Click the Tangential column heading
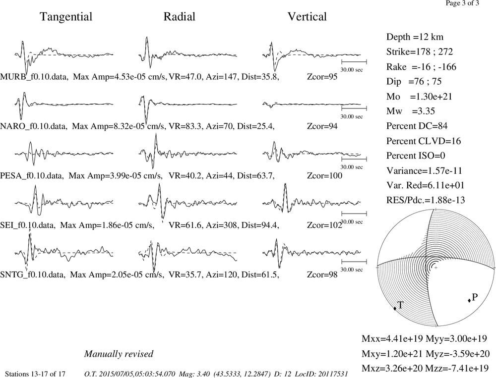pyautogui.click(x=66, y=17)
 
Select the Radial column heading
pyautogui.click(x=180, y=17)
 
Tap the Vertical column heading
pyautogui.click(x=307, y=17)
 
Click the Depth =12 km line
pyautogui.click(x=415, y=37)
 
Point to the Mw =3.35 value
pyautogui.click(x=411, y=111)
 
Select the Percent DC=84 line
pyautogui.click(x=417, y=126)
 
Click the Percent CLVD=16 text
pyautogui.click(x=424, y=141)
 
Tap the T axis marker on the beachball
pyautogui.click(x=395, y=309)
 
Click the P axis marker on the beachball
pyautogui.click(x=469, y=300)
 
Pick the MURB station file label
pyautogui.click(x=34, y=77)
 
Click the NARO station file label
pyautogui.click(x=34, y=126)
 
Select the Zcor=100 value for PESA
pyautogui.click(x=324, y=176)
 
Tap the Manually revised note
pyautogui.click(x=119, y=354)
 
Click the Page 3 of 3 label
pyautogui.click(x=462, y=3)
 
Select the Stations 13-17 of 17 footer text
pyautogui.click(x=35, y=374)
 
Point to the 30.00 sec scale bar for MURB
pyautogui.click(x=354, y=61)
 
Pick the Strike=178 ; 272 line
pyautogui.click(x=420, y=52)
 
